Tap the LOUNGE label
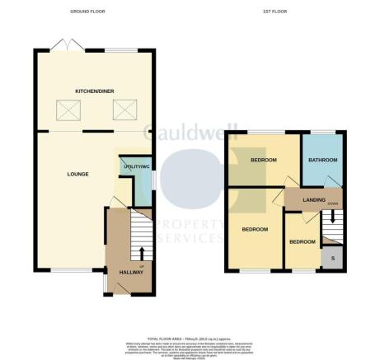click(x=78, y=173)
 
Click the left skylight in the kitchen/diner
click(x=65, y=108)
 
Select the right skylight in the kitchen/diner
click(x=124, y=108)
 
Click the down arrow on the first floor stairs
click(x=332, y=217)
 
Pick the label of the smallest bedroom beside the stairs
click(x=301, y=241)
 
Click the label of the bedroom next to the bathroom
click(x=263, y=161)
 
